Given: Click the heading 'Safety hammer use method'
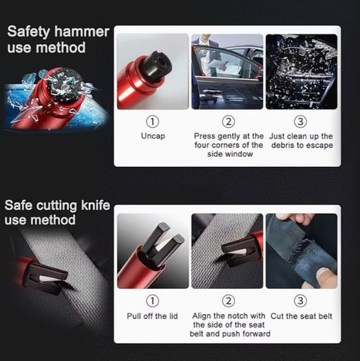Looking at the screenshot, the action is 58,39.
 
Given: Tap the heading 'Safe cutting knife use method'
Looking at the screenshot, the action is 57,212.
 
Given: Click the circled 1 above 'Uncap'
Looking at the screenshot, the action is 153,121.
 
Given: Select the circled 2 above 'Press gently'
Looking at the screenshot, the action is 229,121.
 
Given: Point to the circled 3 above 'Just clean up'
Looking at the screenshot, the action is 301,121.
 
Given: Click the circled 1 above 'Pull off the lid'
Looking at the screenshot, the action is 153,300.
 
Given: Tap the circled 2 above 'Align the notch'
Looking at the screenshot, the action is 229,300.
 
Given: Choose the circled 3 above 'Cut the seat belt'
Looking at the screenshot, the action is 301,300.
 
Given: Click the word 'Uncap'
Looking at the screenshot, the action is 153,136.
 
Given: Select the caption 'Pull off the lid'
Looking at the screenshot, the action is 152,316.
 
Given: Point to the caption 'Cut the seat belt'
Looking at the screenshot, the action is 301,316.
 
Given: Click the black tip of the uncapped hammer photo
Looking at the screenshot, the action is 156,65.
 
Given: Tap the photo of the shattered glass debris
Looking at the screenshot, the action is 301,72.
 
